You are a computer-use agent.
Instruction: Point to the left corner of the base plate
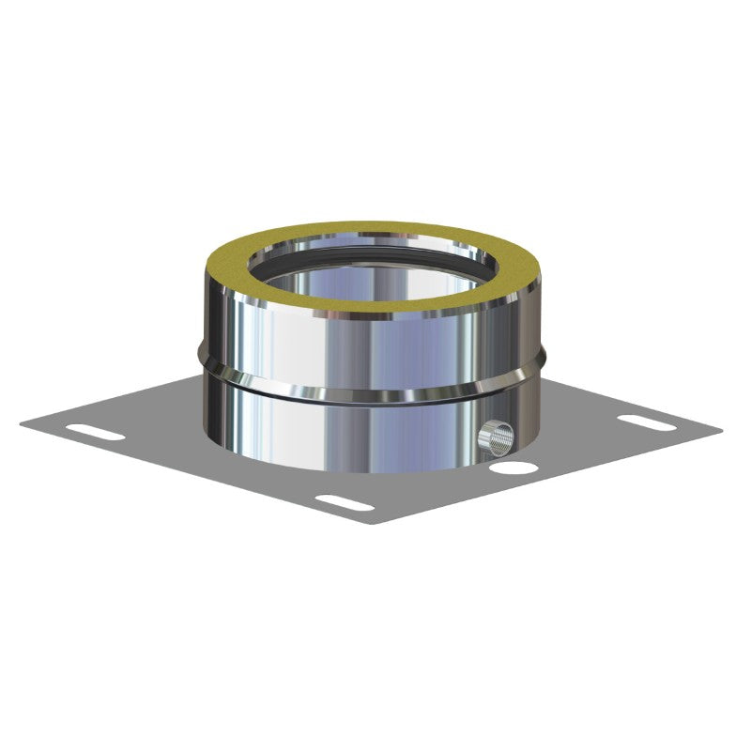pyautogui.click(x=23, y=421)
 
